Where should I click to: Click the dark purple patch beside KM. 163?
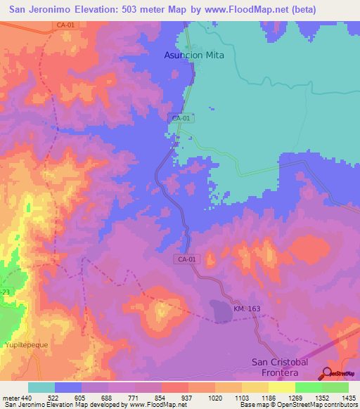pos(222,310)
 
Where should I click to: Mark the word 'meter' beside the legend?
pos(11,398)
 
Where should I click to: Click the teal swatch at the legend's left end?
pos(41,387)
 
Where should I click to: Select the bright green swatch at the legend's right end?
pos(335,387)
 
